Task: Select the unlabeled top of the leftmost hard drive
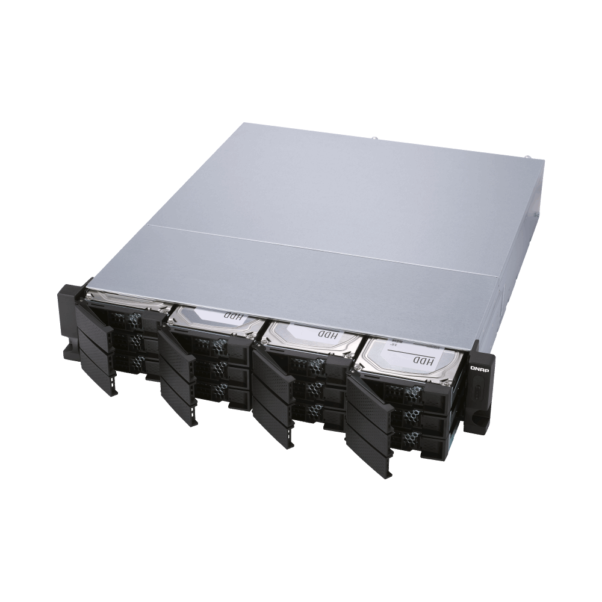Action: pos(126,301)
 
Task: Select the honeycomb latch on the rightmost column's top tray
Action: pos(415,393)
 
